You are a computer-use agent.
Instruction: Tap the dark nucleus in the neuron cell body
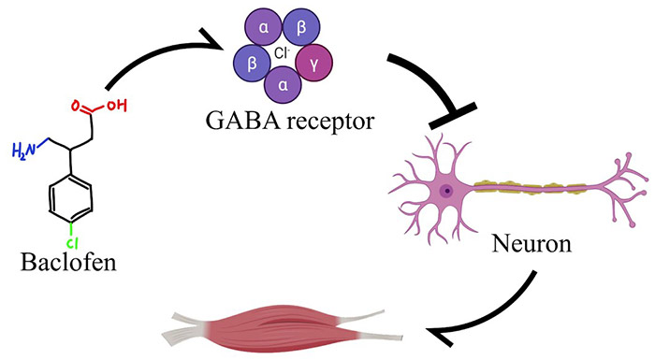click(448, 190)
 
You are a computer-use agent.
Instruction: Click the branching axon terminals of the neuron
click(622, 187)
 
